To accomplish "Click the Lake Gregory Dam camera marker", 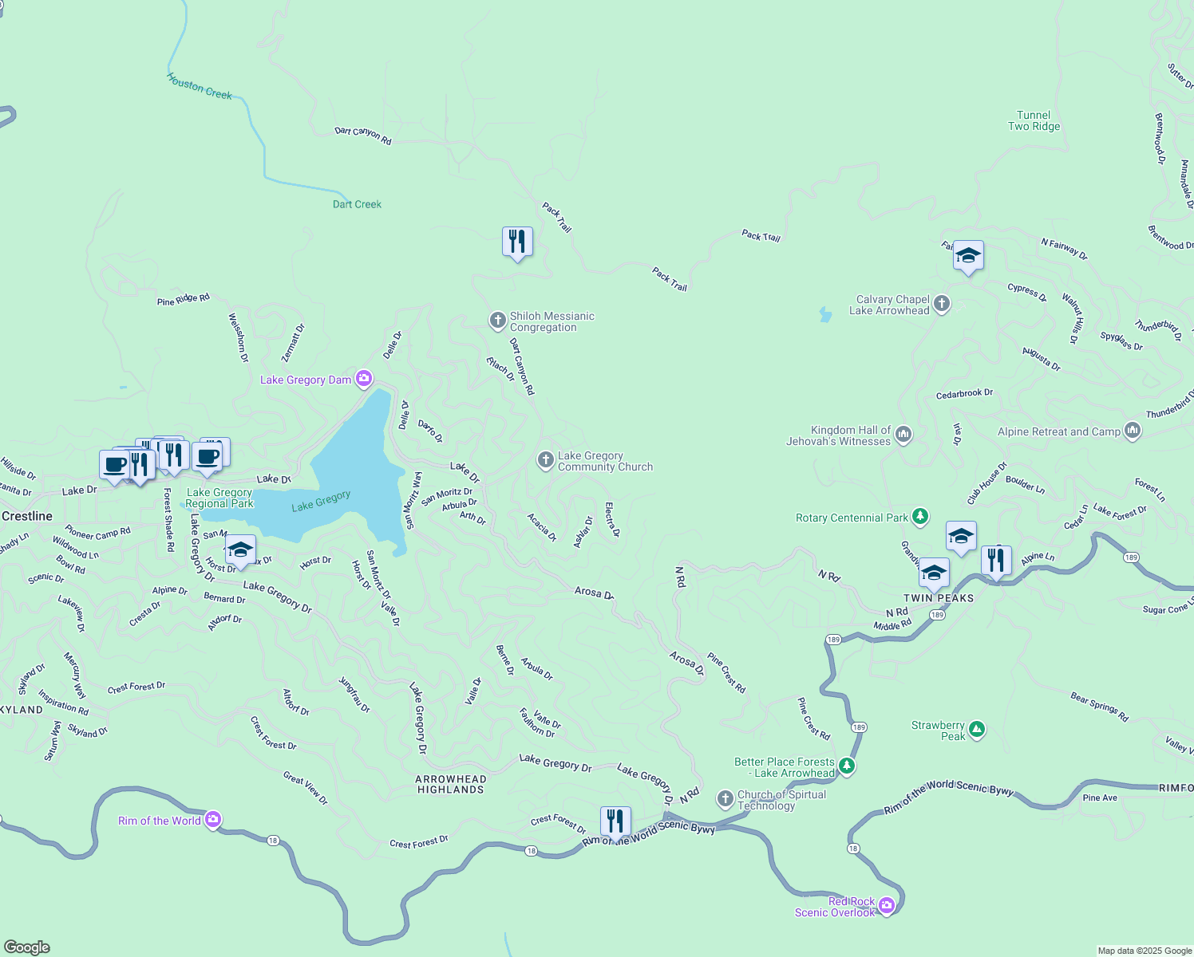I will click(x=364, y=379).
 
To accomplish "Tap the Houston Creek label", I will click(x=200, y=86).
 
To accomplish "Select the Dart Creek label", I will click(x=357, y=204).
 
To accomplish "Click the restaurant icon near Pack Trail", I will click(x=517, y=241).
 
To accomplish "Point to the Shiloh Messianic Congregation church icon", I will click(x=497, y=321).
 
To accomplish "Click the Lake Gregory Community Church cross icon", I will click(x=545, y=460).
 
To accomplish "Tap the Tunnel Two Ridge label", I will click(x=1034, y=120).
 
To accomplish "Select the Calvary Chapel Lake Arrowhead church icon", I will click(x=942, y=304).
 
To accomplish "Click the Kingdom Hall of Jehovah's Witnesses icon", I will click(x=903, y=435).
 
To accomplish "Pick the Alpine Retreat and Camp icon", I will click(x=1132, y=431).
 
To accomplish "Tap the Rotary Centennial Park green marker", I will click(x=920, y=517).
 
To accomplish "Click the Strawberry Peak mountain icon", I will click(x=977, y=730).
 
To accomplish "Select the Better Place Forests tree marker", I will click(x=847, y=766).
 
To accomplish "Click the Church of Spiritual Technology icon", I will click(x=725, y=798).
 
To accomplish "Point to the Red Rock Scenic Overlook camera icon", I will click(x=887, y=906).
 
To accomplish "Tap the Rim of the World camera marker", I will click(x=212, y=820).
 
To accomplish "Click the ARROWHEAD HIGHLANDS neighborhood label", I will click(x=450, y=784).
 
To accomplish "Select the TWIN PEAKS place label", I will click(x=938, y=598).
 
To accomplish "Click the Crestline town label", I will click(x=27, y=516).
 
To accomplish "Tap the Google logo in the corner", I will click(x=27, y=947).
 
